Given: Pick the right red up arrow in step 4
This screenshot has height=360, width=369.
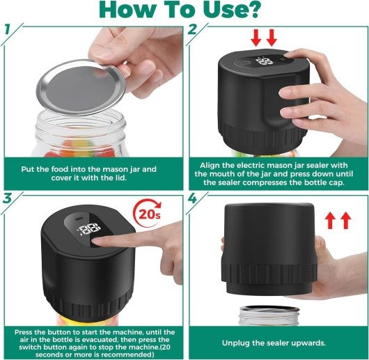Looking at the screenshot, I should pos(346,222).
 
